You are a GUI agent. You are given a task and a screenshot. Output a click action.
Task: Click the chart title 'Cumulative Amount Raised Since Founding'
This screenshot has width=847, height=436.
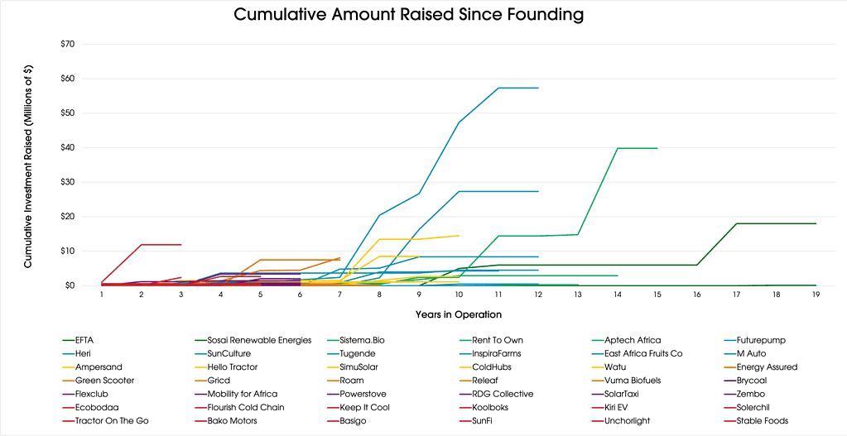[408, 15]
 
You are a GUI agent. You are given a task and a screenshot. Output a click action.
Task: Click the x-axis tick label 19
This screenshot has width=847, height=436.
[816, 294]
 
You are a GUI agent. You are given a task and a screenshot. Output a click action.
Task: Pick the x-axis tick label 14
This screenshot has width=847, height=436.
[617, 294]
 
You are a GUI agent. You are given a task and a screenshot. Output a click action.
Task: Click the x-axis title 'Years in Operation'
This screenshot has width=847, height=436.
[458, 314]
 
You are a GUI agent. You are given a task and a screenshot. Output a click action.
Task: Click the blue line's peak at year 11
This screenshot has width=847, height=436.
[498, 88]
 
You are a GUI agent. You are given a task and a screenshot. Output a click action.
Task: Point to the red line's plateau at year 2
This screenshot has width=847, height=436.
[142, 244]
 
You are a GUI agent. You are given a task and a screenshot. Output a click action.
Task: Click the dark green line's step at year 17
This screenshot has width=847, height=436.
[737, 223]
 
